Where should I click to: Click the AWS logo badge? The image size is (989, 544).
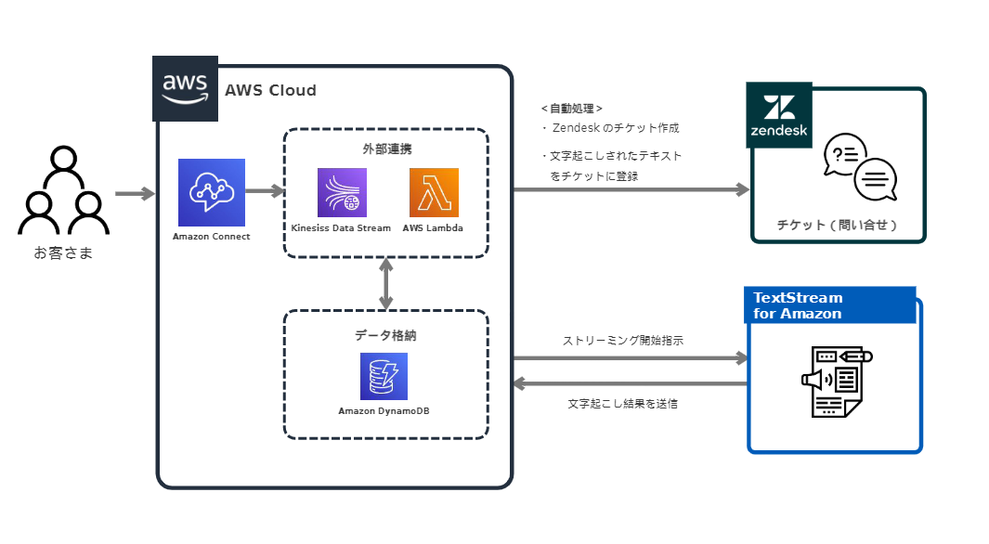(x=185, y=89)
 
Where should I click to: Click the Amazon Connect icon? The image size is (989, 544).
(x=212, y=192)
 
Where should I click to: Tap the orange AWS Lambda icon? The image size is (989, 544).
(x=434, y=193)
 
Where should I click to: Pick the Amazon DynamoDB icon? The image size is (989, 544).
(x=384, y=377)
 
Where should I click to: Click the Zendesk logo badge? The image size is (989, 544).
(x=779, y=115)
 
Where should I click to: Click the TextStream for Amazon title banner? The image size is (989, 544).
(x=830, y=305)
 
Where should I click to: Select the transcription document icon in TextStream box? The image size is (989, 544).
(x=836, y=382)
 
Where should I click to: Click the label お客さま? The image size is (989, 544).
(x=63, y=252)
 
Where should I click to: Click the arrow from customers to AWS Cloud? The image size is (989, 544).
(x=136, y=194)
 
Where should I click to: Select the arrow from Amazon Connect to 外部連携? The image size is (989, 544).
(x=266, y=191)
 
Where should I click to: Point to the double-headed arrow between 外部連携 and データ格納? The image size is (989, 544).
(x=386, y=284)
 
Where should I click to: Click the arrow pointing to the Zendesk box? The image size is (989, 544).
(x=631, y=189)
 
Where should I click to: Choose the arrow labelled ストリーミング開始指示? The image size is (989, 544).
(x=631, y=357)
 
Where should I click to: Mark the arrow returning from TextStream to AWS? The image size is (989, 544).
(x=631, y=382)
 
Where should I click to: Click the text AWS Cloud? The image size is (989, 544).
(x=270, y=91)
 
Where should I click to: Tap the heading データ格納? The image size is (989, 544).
(x=385, y=335)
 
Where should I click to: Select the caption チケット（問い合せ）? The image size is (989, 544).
(x=838, y=225)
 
